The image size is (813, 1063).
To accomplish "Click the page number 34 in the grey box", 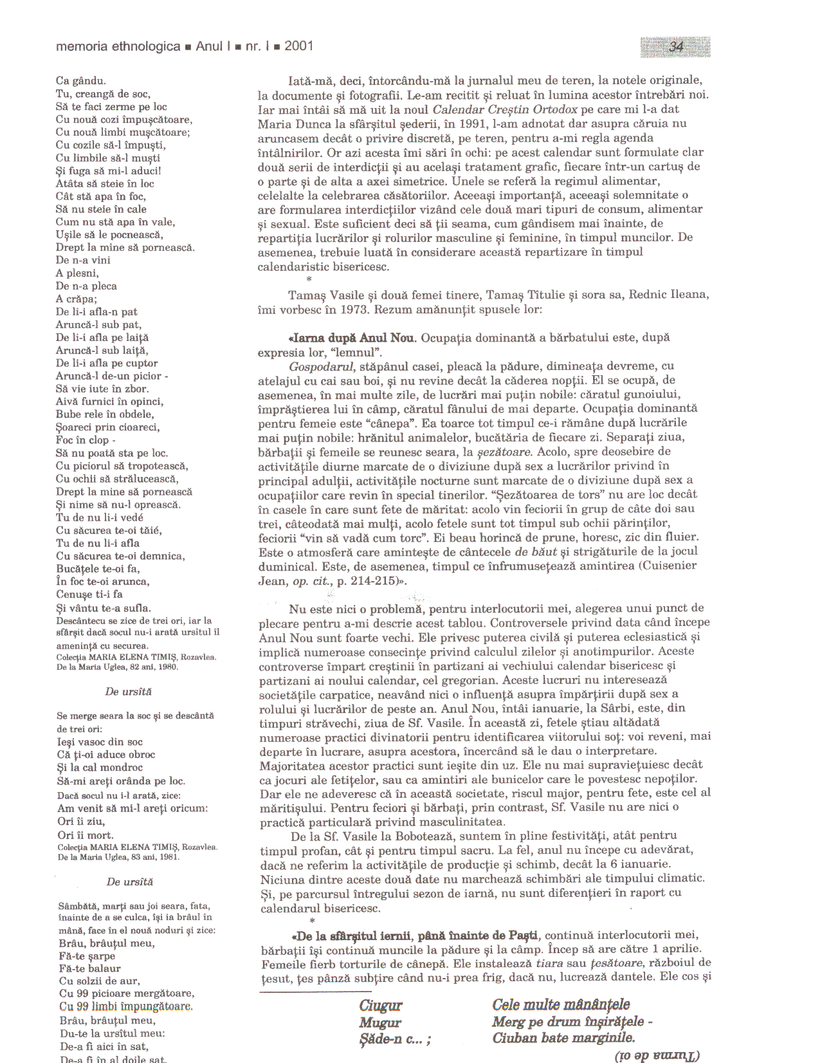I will [x=676, y=47].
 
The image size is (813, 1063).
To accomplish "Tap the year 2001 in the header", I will [x=298, y=46].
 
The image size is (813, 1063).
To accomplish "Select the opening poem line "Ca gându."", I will [x=81, y=81].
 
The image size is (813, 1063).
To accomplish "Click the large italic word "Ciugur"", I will [x=381, y=1006].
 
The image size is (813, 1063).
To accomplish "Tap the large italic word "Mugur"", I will [x=380, y=1022].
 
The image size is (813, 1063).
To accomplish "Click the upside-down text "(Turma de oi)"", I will [x=657, y=1055].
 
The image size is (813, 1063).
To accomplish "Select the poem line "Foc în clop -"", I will [x=86, y=441].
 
